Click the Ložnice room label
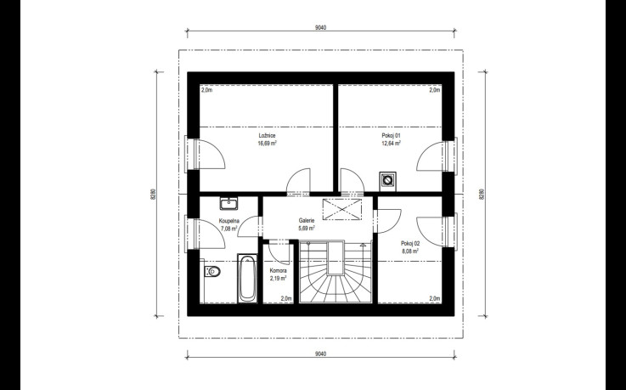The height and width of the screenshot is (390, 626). pos(267,136)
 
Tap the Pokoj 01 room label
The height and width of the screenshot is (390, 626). pos(392,136)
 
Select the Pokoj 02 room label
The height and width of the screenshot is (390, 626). pos(410,243)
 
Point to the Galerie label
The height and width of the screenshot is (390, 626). pos(307,220)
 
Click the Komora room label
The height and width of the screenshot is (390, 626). pos(279,271)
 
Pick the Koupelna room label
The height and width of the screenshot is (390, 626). pos(229,220)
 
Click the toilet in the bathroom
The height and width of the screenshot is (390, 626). pos(212,271)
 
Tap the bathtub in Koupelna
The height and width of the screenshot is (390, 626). pos(247,278)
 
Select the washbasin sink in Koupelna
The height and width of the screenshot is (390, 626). pos(228,204)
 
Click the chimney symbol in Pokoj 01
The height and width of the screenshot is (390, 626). pos(387,180)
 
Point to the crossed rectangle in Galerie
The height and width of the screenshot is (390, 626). pos(341,209)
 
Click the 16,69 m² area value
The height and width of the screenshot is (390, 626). pos(268,144)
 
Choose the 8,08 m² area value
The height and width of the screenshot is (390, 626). pos(410,252)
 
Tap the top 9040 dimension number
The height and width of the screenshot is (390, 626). pos(320,27)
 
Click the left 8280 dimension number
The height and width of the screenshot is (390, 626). pos(153,194)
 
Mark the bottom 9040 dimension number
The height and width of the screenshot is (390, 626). pos(320,353)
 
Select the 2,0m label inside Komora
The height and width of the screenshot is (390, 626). pos(286,298)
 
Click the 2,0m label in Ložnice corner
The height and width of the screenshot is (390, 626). pos(206,90)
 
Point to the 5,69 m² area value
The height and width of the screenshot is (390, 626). pos(307,229)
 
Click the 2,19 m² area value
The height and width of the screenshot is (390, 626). pos(279,278)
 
